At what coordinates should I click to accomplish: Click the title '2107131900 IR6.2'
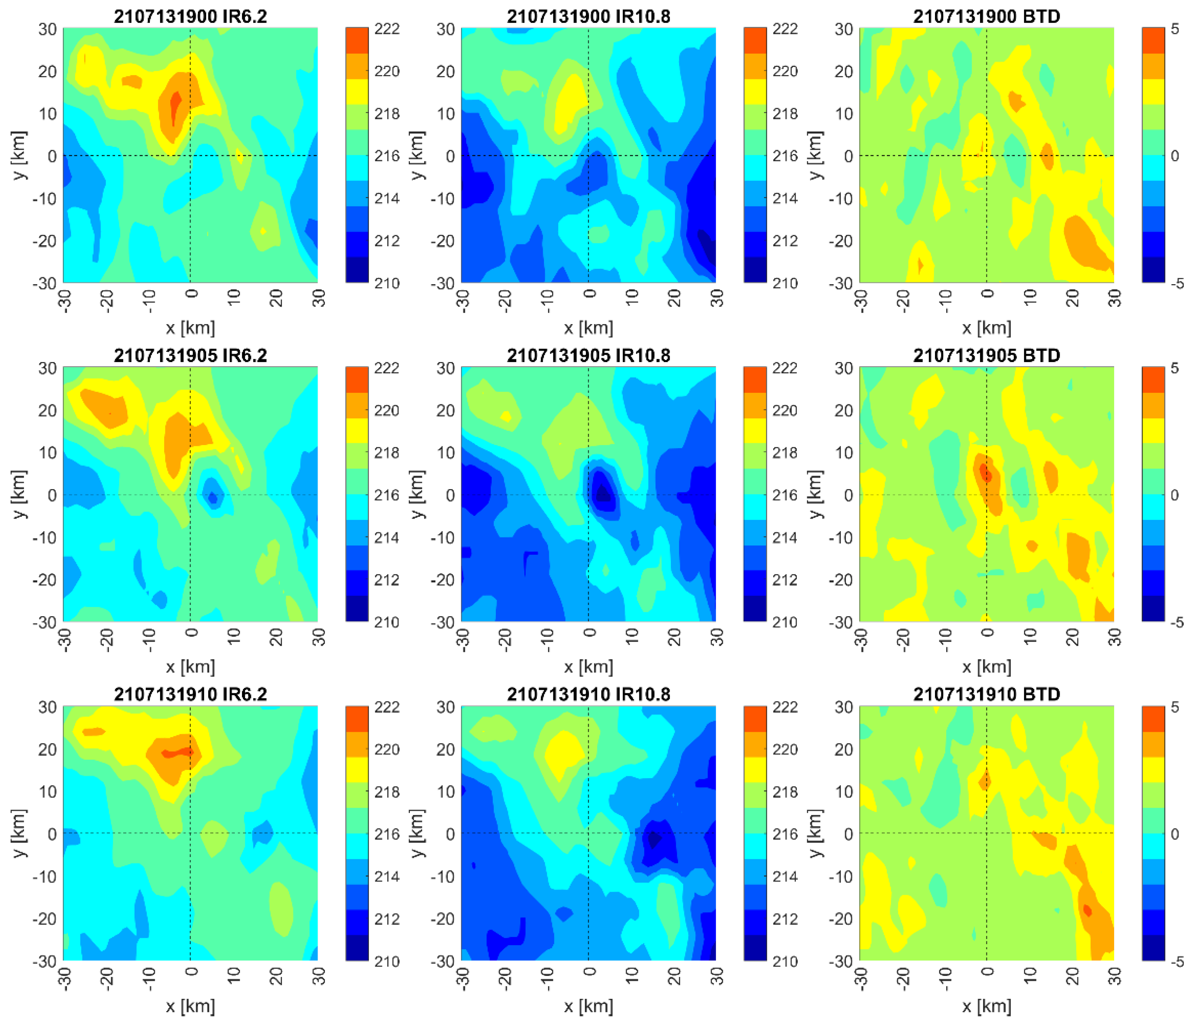pyautogui.click(x=190, y=16)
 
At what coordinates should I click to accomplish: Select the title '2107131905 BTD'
pyautogui.click(x=986, y=355)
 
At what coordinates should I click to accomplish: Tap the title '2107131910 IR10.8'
pyautogui.click(x=588, y=694)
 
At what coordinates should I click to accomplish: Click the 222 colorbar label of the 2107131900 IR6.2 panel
pyautogui.click(x=387, y=29)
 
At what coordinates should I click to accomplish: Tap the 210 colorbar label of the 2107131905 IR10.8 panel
pyautogui.click(x=785, y=622)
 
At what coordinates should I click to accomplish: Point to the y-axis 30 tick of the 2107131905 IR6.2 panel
pyautogui.click(x=48, y=368)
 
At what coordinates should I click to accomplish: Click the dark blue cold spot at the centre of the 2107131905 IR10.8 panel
pyautogui.click(x=602, y=493)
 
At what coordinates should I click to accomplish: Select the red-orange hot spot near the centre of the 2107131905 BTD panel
pyautogui.click(x=986, y=473)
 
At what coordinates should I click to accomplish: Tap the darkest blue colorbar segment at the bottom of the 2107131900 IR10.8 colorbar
pyautogui.click(x=755, y=270)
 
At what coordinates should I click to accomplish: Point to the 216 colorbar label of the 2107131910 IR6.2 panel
pyautogui.click(x=387, y=834)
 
